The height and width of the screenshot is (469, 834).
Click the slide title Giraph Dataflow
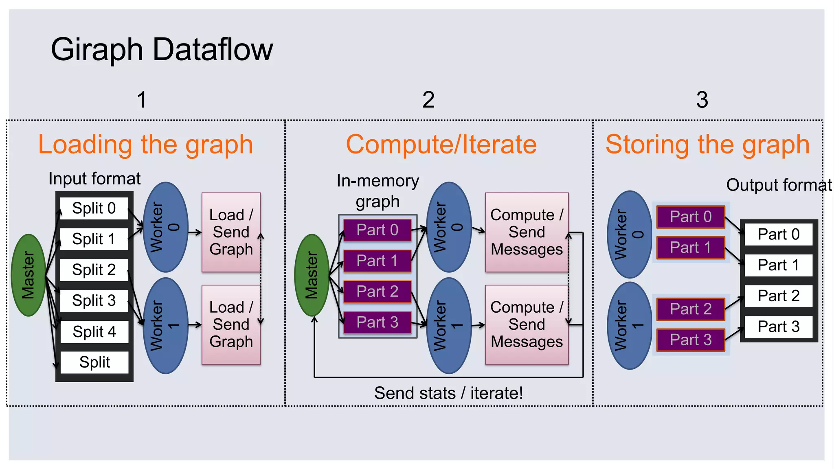[162, 49]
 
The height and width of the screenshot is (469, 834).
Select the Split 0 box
[94, 208]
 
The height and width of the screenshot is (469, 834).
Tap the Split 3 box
[94, 300]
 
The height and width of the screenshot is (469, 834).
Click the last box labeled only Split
[94, 362]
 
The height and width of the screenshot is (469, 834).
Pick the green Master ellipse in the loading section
[28, 275]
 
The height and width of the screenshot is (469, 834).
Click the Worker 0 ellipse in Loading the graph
[165, 227]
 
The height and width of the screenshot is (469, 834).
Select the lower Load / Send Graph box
[231, 324]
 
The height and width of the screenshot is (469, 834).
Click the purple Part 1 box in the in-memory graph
[377, 261]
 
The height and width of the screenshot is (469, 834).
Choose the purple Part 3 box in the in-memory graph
[377, 322]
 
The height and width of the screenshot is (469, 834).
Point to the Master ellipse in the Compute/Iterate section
[312, 275]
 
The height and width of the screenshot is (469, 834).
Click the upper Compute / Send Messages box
[527, 232]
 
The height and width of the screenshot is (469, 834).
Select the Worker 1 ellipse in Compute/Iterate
[449, 325]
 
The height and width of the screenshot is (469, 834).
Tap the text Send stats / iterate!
[448, 393]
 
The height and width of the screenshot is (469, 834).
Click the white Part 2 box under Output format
[778, 296]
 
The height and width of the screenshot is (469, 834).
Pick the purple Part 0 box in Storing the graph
[691, 217]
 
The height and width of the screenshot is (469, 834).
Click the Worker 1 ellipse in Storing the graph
[629, 326]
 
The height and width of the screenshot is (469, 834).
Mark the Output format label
[779, 185]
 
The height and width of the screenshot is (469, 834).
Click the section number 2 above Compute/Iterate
[428, 100]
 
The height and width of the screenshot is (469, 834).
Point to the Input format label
[94, 179]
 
